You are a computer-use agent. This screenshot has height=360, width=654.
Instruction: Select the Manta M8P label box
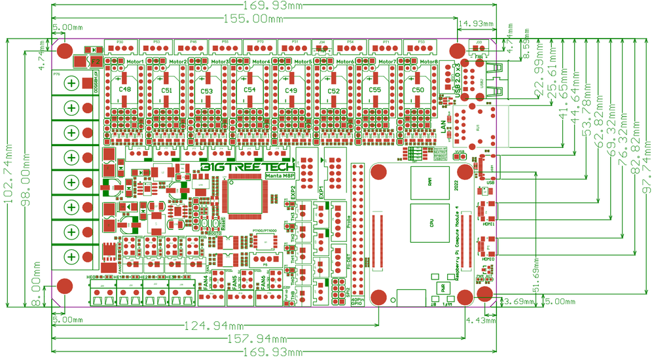280,175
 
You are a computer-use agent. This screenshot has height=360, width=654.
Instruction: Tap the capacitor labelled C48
124,90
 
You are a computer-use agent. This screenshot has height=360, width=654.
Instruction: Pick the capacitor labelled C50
418,90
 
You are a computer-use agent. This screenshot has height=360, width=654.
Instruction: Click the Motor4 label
260,62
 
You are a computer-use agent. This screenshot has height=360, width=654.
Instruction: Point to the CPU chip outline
430,223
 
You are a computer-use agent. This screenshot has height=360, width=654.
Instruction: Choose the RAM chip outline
430,185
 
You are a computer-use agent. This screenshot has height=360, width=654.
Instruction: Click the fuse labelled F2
95,62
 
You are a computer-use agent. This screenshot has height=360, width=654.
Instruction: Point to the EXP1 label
321,192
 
